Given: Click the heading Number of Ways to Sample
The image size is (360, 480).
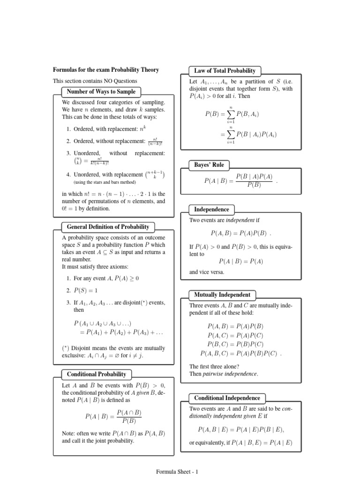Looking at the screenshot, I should pos(101,92).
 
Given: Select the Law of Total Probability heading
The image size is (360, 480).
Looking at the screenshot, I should pos(225,71).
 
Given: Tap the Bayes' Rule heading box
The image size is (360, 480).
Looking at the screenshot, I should pos(209,165).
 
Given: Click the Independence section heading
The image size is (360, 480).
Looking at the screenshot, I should pos(212,210).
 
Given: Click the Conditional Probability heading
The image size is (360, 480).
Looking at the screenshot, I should pos(97,374).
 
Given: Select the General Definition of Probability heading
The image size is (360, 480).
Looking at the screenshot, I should pos(108,227).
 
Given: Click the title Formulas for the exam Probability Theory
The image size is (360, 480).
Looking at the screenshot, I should pos(106,70).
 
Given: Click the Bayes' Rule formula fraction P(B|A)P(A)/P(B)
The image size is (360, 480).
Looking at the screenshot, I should pos(254,180).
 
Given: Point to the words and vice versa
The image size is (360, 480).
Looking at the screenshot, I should pos(207,272).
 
